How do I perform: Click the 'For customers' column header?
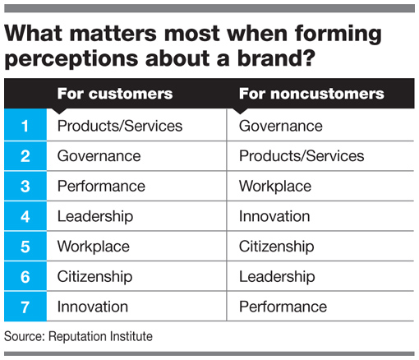[115, 94]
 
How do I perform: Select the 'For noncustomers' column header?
[311, 94]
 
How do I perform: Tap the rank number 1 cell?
[25, 125]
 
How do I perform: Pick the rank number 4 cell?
[25, 216]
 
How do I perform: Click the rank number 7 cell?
[25, 307]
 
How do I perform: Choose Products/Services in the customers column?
[120, 126]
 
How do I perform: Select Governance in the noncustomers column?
[281, 126]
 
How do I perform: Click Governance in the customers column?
[99, 156]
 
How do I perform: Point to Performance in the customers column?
[101, 186]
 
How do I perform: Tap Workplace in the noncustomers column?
[275, 187]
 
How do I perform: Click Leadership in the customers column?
[95, 216]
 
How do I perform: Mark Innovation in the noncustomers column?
[274, 216]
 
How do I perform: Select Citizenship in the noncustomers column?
[276, 247]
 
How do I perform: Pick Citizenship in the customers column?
[94, 277]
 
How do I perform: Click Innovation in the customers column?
[93, 307]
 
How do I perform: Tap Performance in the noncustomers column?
[283, 307]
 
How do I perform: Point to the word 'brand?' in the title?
[276, 58]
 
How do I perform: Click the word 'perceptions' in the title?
[71, 59]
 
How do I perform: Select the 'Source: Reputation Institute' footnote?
[78, 336]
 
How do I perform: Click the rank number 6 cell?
[25, 276]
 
